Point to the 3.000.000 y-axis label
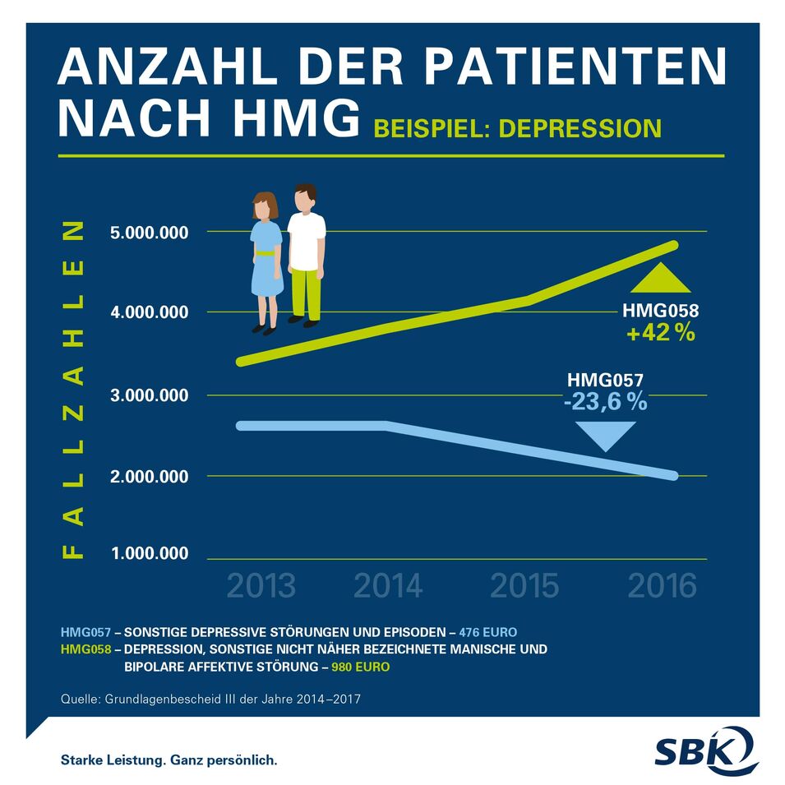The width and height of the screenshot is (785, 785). [x=149, y=395]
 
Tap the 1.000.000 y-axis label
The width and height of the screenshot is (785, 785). [x=149, y=553]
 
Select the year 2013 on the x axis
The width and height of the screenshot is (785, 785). [x=261, y=586]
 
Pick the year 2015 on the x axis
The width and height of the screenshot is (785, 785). [x=524, y=586]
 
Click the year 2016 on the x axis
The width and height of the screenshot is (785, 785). [x=662, y=586]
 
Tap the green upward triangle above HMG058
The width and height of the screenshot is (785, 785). [x=660, y=279]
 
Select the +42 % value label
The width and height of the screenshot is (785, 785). [x=660, y=334]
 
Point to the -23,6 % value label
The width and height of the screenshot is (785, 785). [x=605, y=402]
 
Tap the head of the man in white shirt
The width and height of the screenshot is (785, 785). [x=305, y=198]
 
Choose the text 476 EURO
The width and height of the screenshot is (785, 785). [x=488, y=632]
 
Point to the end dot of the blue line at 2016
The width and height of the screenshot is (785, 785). [x=672, y=476]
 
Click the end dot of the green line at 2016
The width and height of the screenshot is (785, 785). [x=673, y=245]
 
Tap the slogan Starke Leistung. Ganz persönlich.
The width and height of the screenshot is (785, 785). [x=169, y=760]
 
